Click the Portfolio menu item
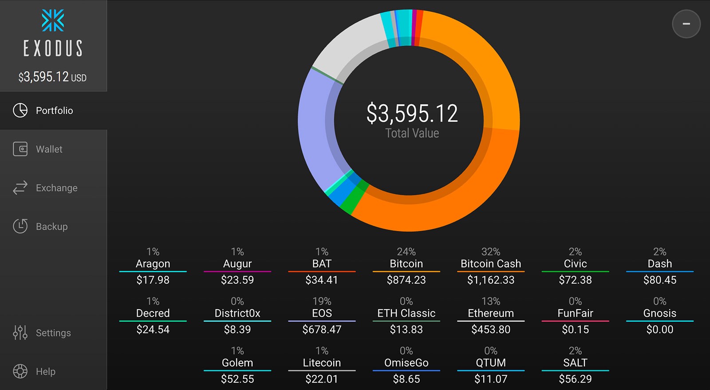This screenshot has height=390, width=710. coord(54,111)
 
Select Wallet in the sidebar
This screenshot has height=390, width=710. coord(49,149)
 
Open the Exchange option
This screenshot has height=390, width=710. coord(56,188)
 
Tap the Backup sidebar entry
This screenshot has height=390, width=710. coord(51,227)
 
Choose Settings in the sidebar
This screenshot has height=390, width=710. coord(53,333)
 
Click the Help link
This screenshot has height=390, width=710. coord(45,371)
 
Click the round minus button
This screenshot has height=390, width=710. coord(686,24)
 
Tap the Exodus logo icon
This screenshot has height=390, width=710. coord(53,21)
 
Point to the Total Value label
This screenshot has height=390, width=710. coord(412,133)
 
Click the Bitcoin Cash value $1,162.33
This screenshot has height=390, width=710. coord(491,280)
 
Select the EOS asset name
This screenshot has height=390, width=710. coord(322,313)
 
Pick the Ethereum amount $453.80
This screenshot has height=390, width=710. coord(491,330)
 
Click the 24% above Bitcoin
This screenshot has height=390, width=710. coord(406,252)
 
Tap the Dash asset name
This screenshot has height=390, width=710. coord(660,264)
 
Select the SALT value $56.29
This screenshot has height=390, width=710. coord(575,379)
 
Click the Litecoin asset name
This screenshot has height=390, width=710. coord(322,363)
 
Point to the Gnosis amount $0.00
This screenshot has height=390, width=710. coord(660,330)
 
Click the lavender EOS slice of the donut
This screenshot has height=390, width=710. coord(315,129)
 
